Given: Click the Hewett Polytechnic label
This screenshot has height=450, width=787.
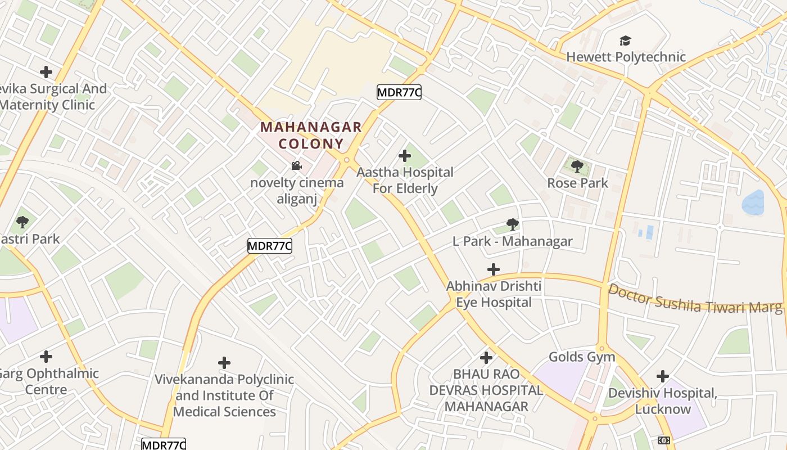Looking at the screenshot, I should pyautogui.click(x=626, y=57).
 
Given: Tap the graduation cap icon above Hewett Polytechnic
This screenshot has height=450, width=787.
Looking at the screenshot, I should pyautogui.click(x=625, y=40).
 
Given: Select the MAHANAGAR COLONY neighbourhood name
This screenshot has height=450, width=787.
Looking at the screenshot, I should pyautogui.click(x=311, y=135).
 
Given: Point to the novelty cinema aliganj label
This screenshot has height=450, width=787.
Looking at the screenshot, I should pyautogui.click(x=297, y=191).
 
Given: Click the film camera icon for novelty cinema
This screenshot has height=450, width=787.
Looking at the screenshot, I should pyautogui.click(x=296, y=166).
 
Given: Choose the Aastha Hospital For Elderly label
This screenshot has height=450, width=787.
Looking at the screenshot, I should pyautogui.click(x=405, y=180).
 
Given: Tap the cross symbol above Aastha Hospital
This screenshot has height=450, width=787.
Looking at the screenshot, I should pyautogui.click(x=404, y=156).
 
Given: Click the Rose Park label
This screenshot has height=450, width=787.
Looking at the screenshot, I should pyautogui.click(x=577, y=183).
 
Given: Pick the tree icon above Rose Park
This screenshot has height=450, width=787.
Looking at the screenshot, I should pyautogui.click(x=577, y=166).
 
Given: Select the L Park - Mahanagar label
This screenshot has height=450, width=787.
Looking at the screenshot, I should pyautogui.click(x=512, y=241).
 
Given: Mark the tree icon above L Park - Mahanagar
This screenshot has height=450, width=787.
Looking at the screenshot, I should pyautogui.click(x=512, y=224).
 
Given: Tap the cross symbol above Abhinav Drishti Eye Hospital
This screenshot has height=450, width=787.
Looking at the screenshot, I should pyautogui.click(x=493, y=269).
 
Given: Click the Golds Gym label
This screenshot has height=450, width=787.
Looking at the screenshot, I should pyautogui.click(x=582, y=357).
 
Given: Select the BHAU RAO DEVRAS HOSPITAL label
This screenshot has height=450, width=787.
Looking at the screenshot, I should pyautogui.click(x=486, y=390).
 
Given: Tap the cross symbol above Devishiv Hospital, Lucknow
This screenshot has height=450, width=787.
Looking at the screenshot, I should pyautogui.click(x=663, y=376).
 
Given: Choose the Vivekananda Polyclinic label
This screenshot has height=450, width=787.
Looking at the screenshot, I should pyautogui.click(x=224, y=395).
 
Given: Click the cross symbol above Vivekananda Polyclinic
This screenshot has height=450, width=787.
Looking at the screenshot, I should pyautogui.click(x=224, y=363).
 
